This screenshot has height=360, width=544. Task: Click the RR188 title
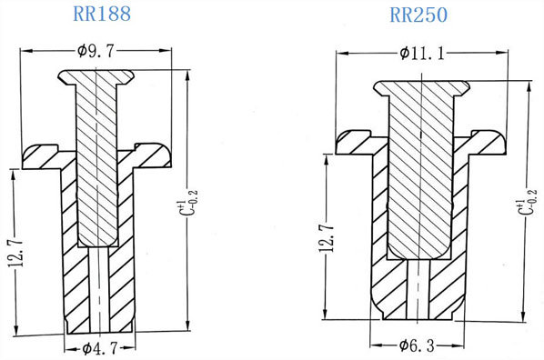[x=102, y=14]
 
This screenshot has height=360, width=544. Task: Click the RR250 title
[x=418, y=15]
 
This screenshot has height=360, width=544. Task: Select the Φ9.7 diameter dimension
[x=96, y=51]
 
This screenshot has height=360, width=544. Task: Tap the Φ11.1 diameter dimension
[x=422, y=54]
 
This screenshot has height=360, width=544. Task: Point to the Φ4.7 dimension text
[x=100, y=348]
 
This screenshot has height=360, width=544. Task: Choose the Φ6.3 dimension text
[x=417, y=345]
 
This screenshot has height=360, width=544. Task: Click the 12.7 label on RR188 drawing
[x=16, y=253]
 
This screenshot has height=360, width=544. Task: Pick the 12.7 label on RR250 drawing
[x=327, y=238]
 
